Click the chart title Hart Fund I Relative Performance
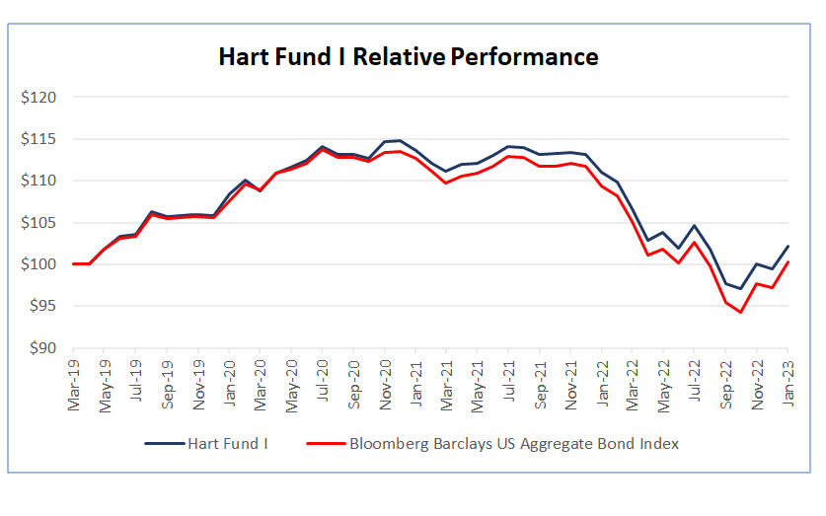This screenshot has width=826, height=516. pyautogui.click(x=408, y=57)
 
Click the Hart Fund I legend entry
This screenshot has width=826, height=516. pyautogui.click(x=228, y=444)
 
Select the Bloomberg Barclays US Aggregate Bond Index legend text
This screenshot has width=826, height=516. pyautogui.click(x=514, y=444)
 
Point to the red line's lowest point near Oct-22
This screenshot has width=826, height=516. pyautogui.click(x=741, y=312)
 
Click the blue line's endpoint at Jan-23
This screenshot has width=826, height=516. pyautogui.click(x=788, y=246)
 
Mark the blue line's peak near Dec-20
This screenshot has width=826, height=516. pyautogui.click(x=400, y=140)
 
